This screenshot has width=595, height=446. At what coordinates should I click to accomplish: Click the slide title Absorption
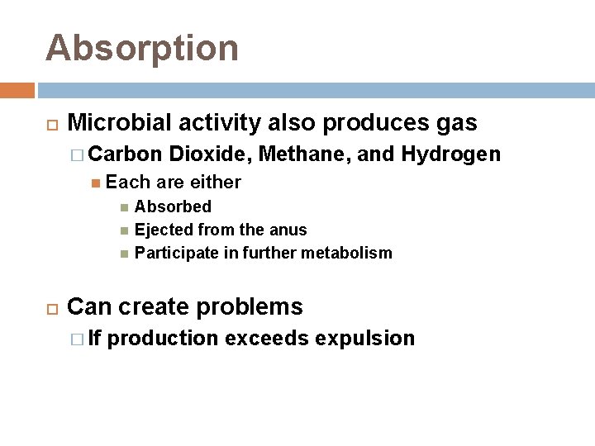[142, 48]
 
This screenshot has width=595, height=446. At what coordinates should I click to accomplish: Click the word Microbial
[117, 123]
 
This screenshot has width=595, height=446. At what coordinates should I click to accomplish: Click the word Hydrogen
[450, 154]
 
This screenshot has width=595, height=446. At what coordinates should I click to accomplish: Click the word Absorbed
[173, 206]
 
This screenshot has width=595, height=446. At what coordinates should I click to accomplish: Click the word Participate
[177, 253]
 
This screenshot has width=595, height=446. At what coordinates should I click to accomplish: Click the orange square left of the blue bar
[17, 89]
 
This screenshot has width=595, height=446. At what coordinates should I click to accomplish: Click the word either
[216, 182]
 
